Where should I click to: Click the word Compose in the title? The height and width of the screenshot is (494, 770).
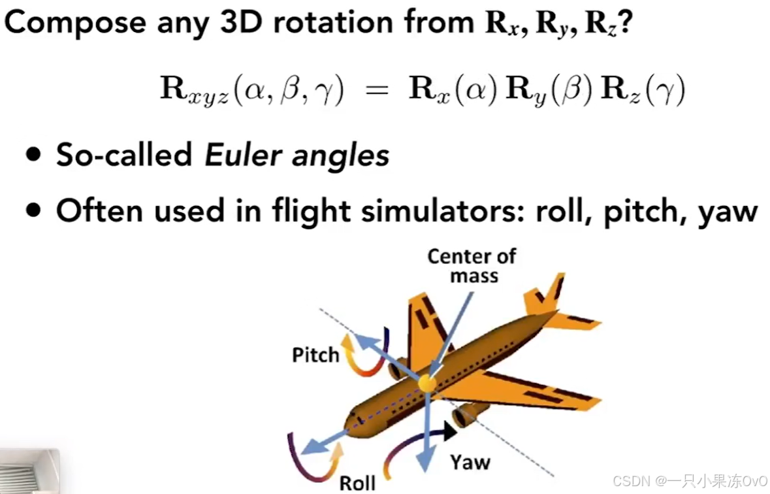pos(74,24)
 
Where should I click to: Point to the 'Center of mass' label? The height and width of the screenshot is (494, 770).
pos(471,265)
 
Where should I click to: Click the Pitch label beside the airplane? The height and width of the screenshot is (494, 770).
pos(315,355)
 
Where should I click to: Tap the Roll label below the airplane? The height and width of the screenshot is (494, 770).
pos(357,482)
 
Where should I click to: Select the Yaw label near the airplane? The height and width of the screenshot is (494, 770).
pos(470,462)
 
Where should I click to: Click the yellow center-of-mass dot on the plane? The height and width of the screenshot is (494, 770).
pos(427,383)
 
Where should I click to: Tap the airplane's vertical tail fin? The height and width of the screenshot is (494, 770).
pos(545,295)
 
